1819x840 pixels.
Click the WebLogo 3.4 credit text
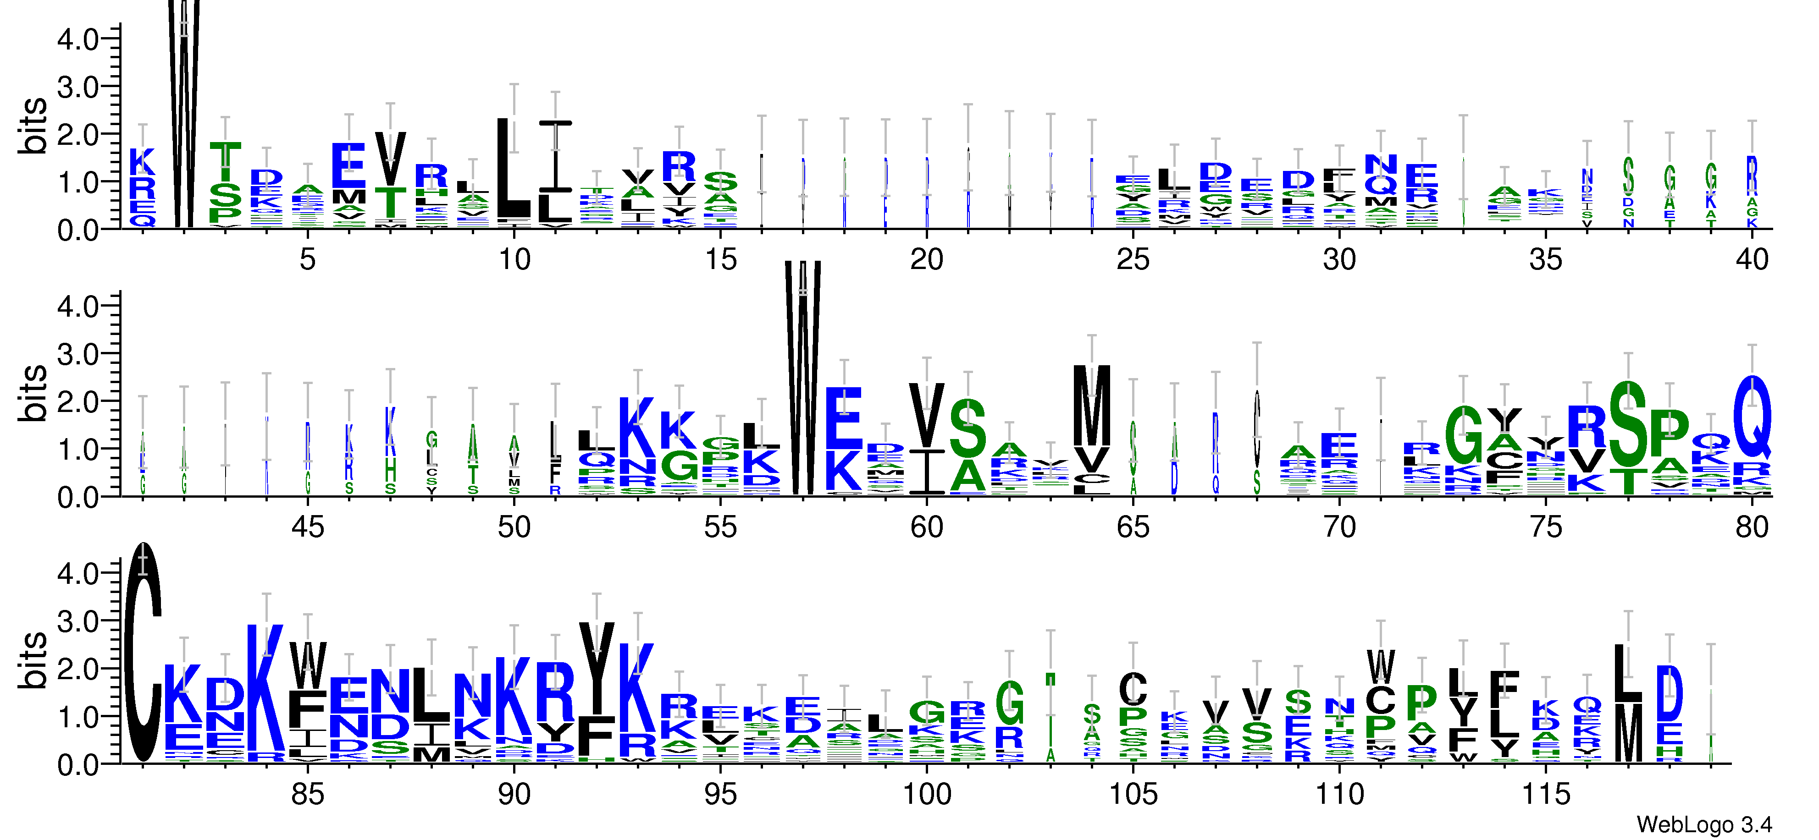(1703, 824)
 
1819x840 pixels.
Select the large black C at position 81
(144, 653)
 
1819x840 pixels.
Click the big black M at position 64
(1092, 405)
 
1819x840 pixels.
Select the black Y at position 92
(597, 667)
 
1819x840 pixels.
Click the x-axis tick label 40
(1751, 260)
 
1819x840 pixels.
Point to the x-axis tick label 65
(1133, 527)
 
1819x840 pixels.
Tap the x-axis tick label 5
(307, 260)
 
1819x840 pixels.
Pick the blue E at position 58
(844, 417)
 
